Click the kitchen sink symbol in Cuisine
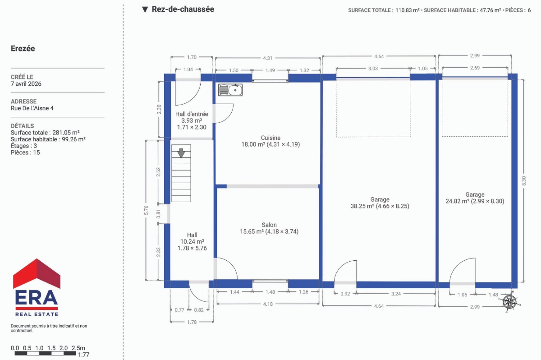[230, 90]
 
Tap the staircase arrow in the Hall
[181, 153]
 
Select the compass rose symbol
[510, 302]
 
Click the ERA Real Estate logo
[37, 287]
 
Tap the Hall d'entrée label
[192, 114]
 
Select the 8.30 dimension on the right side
[523, 181]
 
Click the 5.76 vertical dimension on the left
[146, 210]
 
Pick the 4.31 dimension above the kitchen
[268, 58]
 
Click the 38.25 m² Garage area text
[380, 206]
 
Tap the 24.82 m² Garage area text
[475, 201]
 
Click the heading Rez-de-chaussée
[183, 9]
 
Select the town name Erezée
[23, 48]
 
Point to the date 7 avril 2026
[26, 83]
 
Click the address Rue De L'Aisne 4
[32, 108]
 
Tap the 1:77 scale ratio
[83, 355]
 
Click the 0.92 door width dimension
[345, 294]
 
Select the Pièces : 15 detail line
[25, 152]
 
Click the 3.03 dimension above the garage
[373, 69]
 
